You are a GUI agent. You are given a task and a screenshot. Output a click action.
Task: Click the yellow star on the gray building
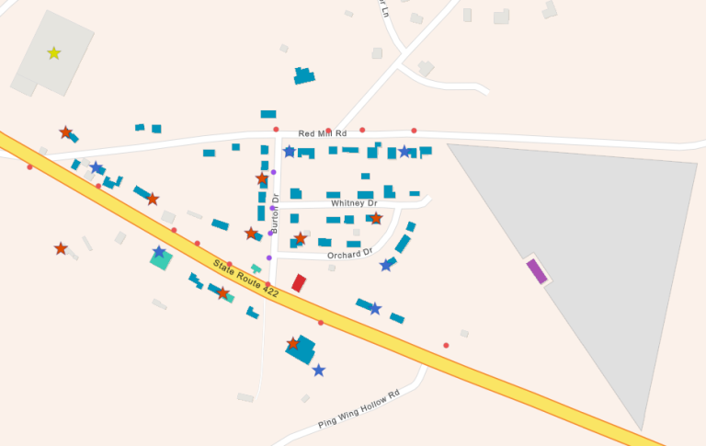pyautogui.click(x=54, y=53)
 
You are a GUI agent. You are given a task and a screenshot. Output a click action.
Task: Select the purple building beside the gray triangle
pyautogui.click(x=537, y=271)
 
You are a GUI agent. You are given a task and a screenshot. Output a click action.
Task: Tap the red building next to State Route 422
pyautogui.click(x=299, y=283)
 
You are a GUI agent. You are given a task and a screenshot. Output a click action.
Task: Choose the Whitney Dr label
pyautogui.click(x=354, y=203)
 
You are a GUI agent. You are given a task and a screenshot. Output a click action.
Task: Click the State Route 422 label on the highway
pyautogui.click(x=245, y=278)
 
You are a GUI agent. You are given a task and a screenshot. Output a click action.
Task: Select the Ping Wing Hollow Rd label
pyautogui.click(x=359, y=410)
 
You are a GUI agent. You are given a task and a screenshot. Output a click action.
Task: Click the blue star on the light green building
pyautogui.click(x=159, y=252)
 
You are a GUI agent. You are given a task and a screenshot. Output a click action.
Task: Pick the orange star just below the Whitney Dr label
pyautogui.click(x=376, y=219)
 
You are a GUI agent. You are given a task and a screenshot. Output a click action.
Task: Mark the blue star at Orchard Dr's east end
pyautogui.click(x=386, y=266)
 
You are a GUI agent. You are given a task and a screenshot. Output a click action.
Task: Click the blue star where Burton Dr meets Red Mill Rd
pyautogui.click(x=290, y=152)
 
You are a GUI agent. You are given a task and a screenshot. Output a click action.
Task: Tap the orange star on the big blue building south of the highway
pyautogui.click(x=293, y=344)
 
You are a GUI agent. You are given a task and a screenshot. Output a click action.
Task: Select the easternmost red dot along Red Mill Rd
pyautogui.click(x=414, y=131)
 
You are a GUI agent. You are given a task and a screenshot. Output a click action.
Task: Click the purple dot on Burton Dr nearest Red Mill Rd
pyautogui.click(x=273, y=172)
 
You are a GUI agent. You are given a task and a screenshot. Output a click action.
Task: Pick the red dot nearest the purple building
pyautogui.click(x=446, y=346)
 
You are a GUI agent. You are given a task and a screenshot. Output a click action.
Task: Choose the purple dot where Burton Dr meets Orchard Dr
pyautogui.click(x=269, y=257)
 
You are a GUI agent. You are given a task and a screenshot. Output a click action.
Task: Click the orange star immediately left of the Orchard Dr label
pyautogui.click(x=300, y=239)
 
